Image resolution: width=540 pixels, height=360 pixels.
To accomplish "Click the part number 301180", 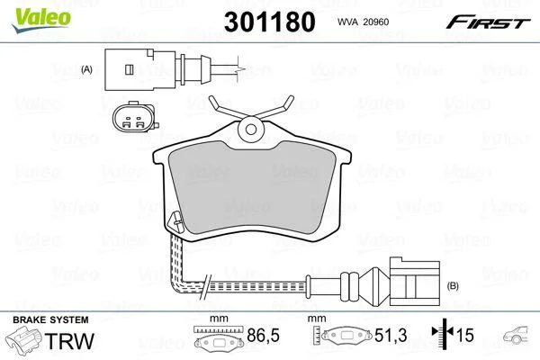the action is coord(270,22).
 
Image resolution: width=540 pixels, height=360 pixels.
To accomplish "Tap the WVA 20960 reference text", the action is coord(363,22).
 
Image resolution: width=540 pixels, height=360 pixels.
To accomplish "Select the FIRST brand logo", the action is coord(488,22).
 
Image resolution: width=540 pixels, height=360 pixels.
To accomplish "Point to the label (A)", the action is coord(86,69).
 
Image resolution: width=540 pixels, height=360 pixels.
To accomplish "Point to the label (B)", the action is coord(453,285).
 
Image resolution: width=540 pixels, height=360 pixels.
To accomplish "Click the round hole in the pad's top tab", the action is coord(251,130).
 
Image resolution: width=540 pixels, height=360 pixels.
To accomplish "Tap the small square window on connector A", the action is coord(129,69).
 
